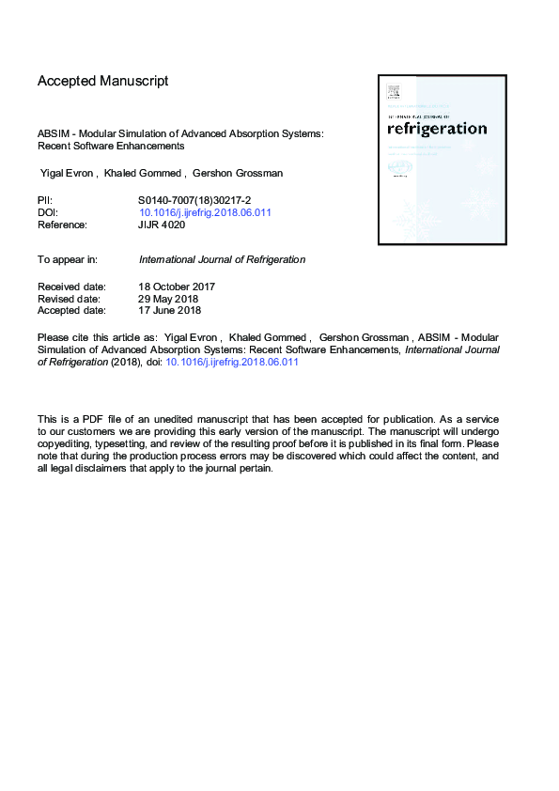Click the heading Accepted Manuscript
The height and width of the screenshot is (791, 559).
(102, 81)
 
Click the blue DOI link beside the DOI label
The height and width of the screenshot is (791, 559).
(205, 212)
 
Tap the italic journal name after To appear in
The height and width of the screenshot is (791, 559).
(222, 259)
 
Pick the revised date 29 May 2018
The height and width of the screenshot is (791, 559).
(170, 298)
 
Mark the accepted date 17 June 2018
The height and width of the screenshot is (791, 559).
(170, 310)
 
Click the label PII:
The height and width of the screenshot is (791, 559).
(45, 200)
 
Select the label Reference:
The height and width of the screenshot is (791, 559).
(62, 225)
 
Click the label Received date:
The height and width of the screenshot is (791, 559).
(71, 286)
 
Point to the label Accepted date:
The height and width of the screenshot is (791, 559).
(71, 310)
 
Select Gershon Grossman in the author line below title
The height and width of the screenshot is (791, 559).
(232, 174)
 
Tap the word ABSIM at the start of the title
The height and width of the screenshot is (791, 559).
(53, 134)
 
